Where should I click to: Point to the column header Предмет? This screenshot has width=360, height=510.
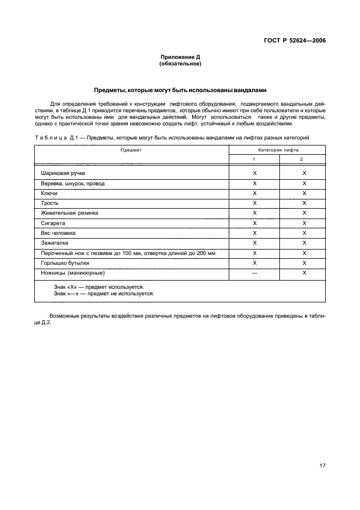point(131,149)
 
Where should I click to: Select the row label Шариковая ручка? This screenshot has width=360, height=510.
point(63,173)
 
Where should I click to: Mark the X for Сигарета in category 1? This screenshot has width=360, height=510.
point(254,223)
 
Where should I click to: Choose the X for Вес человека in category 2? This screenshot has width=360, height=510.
point(304,233)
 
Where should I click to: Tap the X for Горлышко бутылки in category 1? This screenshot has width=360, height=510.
point(254,263)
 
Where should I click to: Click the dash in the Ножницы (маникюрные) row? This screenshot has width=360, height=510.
point(254,273)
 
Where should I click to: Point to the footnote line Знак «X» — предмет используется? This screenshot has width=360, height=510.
point(99,287)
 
